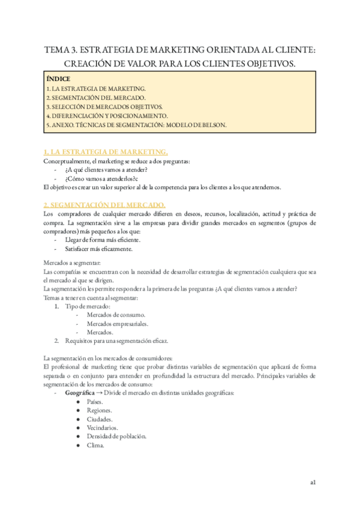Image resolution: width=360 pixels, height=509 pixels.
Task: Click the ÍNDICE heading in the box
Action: [x=58, y=79]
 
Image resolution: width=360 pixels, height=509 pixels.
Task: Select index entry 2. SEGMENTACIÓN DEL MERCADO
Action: [x=95, y=97]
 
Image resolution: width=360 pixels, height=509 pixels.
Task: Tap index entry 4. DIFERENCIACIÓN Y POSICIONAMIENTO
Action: [x=107, y=116]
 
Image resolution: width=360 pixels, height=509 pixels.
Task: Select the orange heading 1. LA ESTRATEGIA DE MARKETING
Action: [x=106, y=152]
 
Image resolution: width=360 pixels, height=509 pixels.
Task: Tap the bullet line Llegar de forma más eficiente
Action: [x=103, y=239]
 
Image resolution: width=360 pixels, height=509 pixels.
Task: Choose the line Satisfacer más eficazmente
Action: [x=99, y=248]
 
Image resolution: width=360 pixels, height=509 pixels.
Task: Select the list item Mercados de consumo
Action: [x=116, y=315]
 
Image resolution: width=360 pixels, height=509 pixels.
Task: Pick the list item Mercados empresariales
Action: [x=118, y=324]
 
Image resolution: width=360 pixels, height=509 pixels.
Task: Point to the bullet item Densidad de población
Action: [x=116, y=436]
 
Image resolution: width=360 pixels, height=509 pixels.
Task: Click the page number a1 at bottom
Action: [x=313, y=481]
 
